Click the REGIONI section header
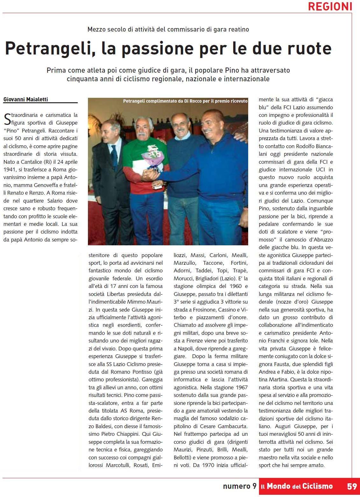[330, 6]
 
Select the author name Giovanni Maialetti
[25, 99]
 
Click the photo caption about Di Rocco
[185, 101]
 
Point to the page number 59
[352, 486]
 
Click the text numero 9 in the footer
[239, 486]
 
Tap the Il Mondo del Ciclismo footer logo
[297, 486]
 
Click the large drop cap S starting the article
[7, 119]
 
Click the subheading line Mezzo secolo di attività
[168, 29]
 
